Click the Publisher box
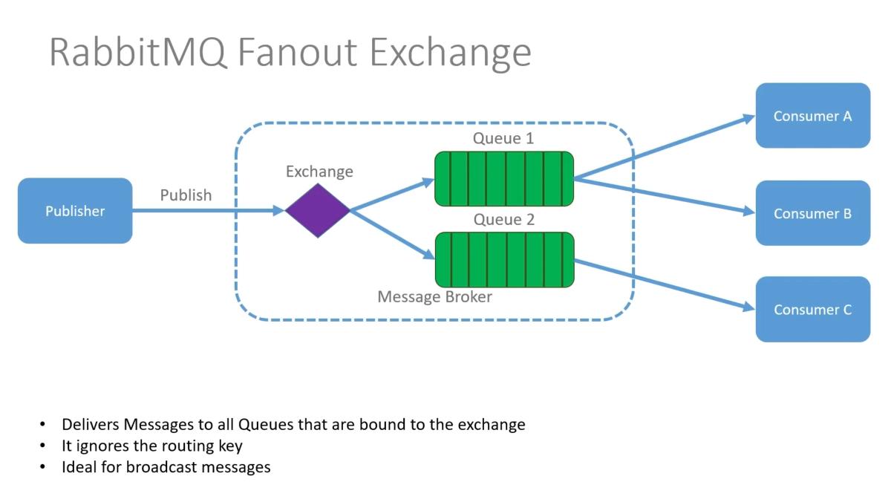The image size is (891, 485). pyautogui.click(x=75, y=211)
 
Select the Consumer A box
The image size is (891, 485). pyautogui.click(x=812, y=116)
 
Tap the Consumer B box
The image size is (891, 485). pyautogui.click(x=812, y=213)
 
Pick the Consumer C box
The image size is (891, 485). pyautogui.click(x=812, y=310)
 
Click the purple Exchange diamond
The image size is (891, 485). pyautogui.click(x=318, y=210)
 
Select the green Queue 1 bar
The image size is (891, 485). pyautogui.click(x=504, y=178)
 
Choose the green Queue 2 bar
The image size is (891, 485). pyautogui.click(x=504, y=259)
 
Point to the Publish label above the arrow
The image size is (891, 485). pyautogui.click(x=186, y=195)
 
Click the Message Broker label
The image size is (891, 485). pyautogui.click(x=434, y=297)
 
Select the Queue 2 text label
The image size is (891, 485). pyautogui.click(x=503, y=220)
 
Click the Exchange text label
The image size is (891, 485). pyautogui.click(x=319, y=172)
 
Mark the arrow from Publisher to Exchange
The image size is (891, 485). pyautogui.click(x=208, y=211)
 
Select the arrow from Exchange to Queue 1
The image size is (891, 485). pyautogui.click(x=392, y=195)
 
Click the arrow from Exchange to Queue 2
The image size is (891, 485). pyautogui.click(x=392, y=234)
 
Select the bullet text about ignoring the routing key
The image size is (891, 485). pyautogui.click(x=152, y=446)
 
